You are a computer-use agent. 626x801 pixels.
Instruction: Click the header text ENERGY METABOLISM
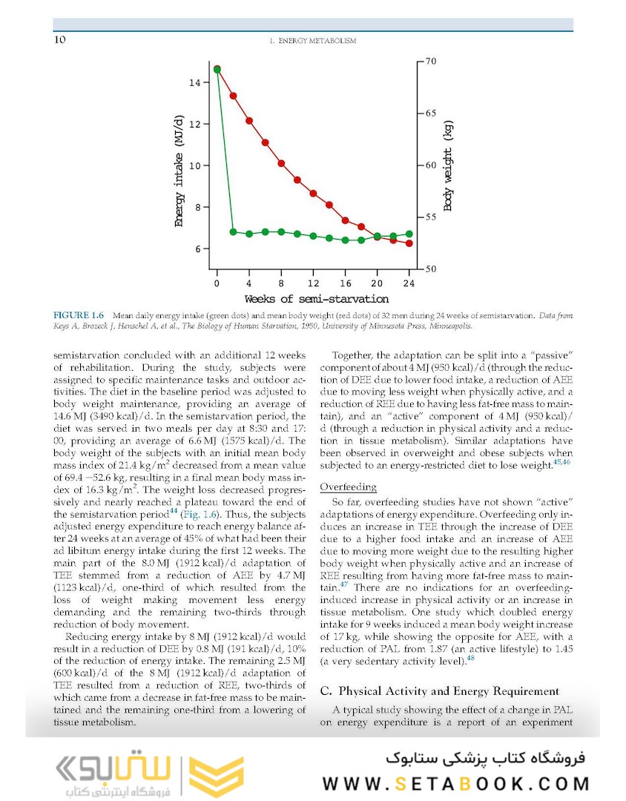coord(312,41)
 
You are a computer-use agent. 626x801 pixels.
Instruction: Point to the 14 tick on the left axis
coord(194,82)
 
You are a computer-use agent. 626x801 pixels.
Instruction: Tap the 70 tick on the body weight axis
coord(431,62)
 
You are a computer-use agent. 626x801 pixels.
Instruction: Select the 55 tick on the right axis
coord(431,217)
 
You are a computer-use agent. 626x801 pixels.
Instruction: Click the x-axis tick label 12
coord(314,283)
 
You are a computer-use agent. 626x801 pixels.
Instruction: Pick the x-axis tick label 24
coord(409,283)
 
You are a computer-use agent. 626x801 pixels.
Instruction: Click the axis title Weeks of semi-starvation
coord(317,299)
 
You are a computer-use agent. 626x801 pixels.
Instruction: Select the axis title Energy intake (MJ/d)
coord(179,171)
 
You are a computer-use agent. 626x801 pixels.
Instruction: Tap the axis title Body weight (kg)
coord(448,166)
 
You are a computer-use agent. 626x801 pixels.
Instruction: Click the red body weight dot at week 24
coord(409,243)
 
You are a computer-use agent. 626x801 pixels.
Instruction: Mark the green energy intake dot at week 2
coord(233,232)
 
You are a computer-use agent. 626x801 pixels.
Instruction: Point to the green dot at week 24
coord(409,234)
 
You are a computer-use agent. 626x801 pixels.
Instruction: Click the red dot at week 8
coord(281,163)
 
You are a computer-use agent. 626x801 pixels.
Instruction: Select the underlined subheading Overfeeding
coord(348,487)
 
